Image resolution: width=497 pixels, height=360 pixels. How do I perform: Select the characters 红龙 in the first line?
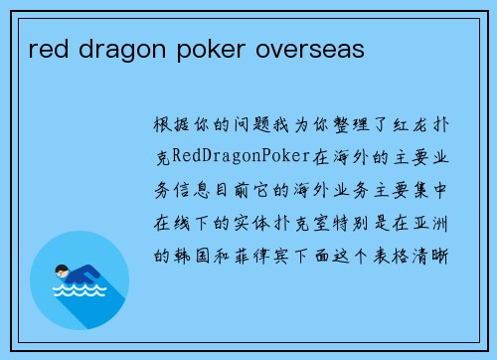pos(402,124)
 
